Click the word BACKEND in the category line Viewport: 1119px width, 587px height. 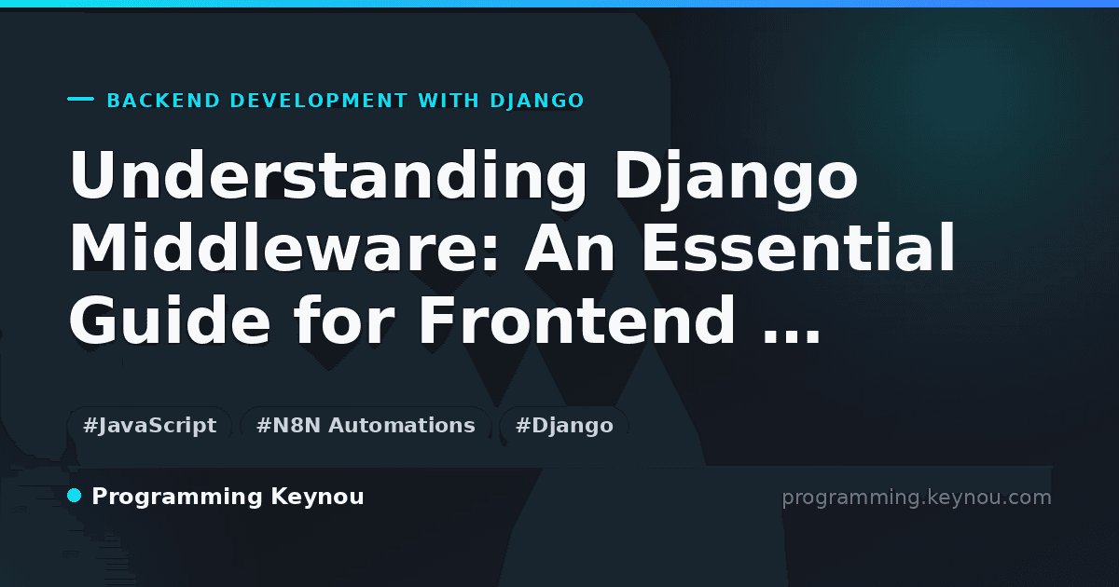(163, 101)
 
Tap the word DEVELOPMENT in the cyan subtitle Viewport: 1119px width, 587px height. (319, 101)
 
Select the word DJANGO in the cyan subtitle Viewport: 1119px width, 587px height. (537, 101)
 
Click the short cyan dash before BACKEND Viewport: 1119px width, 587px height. (80, 99)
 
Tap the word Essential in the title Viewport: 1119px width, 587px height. (798, 247)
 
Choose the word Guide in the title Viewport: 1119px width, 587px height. (170, 320)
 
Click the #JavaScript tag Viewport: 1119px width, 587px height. (149, 425)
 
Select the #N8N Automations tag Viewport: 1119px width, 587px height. (366, 425)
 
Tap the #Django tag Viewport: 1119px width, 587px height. (564, 425)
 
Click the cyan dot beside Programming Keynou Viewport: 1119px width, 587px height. (75, 496)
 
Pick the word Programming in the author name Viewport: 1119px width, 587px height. (177, 498)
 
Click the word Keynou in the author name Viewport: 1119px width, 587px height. (317, 497)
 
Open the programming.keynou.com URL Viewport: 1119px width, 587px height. (917, 498)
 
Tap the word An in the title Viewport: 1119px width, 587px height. (570, 247)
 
